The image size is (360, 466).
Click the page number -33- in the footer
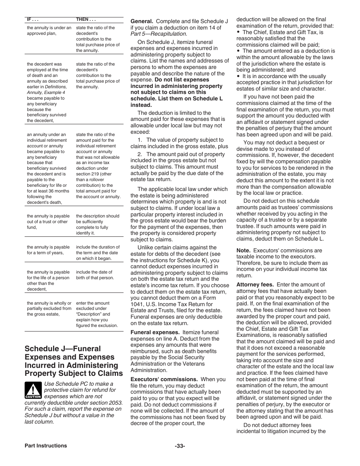pyautogui.click(x=180, y=446)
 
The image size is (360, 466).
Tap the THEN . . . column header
pyautogui.click(x=86, y=19)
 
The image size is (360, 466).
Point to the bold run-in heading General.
pyautogui.click(x=142, y=21)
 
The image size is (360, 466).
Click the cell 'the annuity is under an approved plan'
pyautogui.click(x=49, y=31)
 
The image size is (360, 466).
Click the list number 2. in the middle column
pyautogui.click(x=140, y=154)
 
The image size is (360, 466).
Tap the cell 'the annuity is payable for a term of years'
pyautogui.click(x=48, y=250)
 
